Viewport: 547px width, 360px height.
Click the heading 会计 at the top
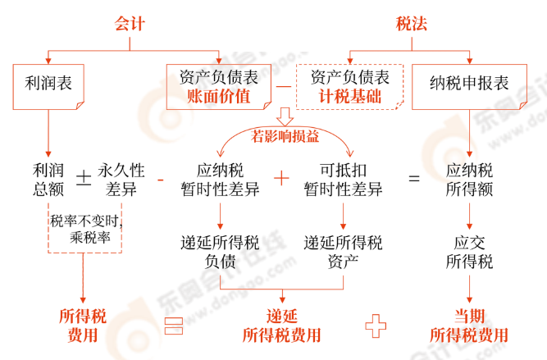[130, 24]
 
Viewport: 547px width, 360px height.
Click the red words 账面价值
[219, 97]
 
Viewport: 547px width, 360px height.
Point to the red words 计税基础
[349, 97]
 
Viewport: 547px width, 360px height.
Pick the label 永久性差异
[121, 180]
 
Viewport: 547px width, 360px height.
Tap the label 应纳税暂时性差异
[220, 180]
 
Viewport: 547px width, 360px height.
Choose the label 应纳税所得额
[469, 180]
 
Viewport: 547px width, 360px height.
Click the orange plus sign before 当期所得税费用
[376, 326]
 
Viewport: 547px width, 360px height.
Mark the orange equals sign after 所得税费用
[172, 326]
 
